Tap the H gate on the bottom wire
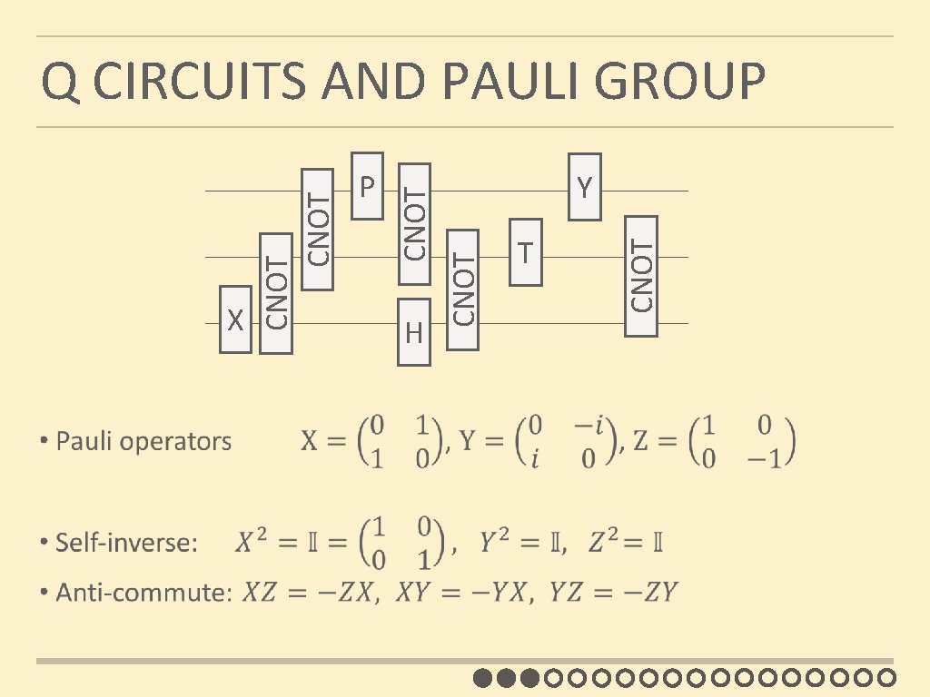point(414,332)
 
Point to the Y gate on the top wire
point(585,188)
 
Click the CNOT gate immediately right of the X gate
point(277,293)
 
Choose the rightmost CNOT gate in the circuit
point(641,275)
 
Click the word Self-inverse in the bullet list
point(126,544)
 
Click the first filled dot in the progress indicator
point(483,677)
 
